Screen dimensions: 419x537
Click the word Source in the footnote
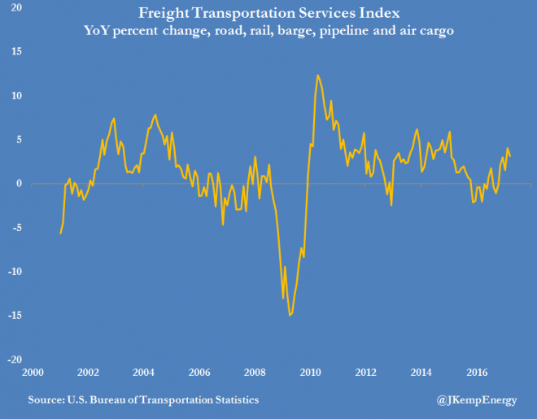pos(46,400)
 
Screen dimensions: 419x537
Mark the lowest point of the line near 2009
pos(290,315)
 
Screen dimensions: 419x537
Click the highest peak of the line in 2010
pos(317,75)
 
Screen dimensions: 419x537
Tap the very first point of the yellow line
pos(60,234)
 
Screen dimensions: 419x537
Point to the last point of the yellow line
pos(510,157)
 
